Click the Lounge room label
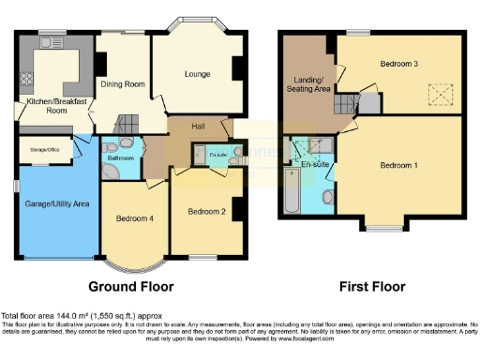(198, 74)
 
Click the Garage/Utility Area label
(57, 202)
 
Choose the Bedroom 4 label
(134, 217)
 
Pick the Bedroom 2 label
(206, 211)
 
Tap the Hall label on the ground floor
(199, 125)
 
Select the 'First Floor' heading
(373, 286)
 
